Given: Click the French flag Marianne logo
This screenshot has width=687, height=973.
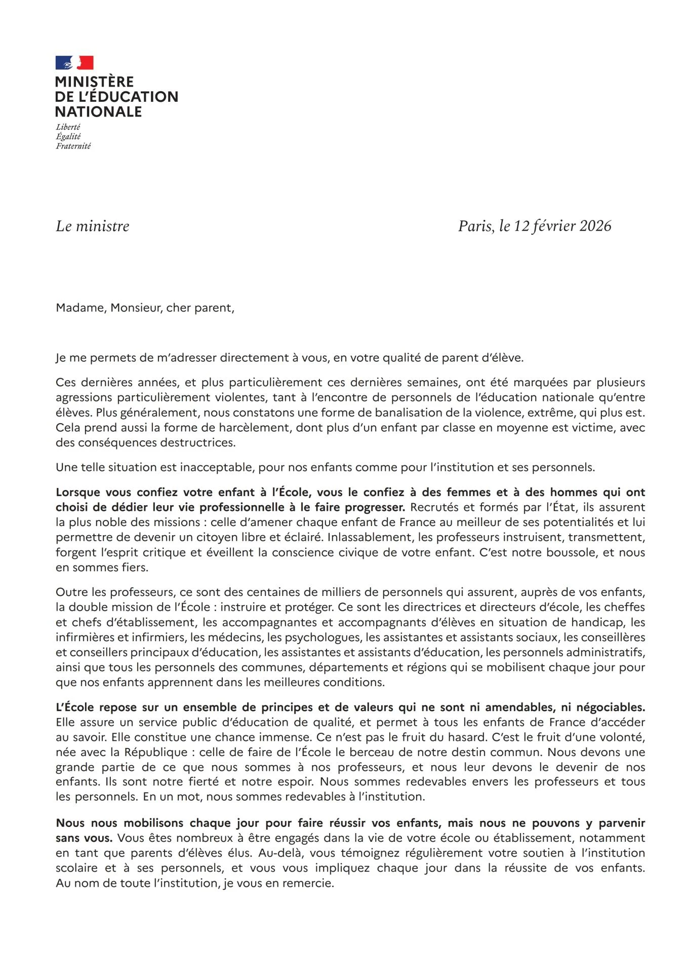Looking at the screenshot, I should pos(74,63).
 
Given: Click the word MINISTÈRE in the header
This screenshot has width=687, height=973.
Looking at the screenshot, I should pos(94,82).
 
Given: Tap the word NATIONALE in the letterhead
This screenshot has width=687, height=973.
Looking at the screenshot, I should pos(98,112).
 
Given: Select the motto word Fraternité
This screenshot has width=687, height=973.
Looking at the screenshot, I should pos(73,146).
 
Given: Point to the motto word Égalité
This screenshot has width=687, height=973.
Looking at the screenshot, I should pos(68,136).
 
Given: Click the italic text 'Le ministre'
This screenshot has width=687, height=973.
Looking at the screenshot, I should pos(93,226).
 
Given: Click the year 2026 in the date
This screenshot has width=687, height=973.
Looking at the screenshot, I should pos(595,226).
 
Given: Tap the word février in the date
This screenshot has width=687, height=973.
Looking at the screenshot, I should pos(554,226).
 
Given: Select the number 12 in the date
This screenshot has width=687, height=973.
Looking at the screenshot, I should pos(521,226).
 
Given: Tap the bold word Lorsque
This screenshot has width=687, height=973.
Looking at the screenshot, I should pos(78,493).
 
